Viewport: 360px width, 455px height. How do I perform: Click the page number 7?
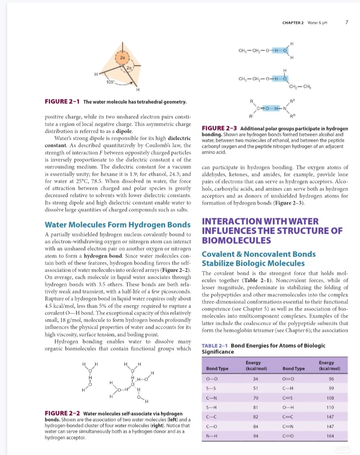pyautogui.click(x=347, y=22)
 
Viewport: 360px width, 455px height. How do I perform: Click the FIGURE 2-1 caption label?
pyautogui.click(x=62, y=102)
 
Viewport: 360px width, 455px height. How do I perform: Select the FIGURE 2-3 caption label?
pyautogui.click(x=219, y=128)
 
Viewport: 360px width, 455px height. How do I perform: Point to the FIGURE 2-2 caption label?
pyautogui.click(x=62, y=413)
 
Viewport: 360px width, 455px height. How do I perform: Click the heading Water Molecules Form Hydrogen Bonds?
pyautogui.click(x=118, y=225)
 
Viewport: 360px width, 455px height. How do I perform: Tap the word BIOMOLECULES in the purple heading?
pyautogui.click(x=236, y=240)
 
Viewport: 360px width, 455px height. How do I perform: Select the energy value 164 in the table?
pyautogui.click(x=330, y=436)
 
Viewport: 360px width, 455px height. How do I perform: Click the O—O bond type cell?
pyautogui.click(x=212, y=379)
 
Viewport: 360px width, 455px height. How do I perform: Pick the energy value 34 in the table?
pyautogui.click(x=256, y=379)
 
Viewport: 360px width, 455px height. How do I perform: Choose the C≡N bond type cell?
pyautogui.click(x=288, y=426)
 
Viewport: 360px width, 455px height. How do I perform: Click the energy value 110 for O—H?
pyautogui.click(x=330, y=407)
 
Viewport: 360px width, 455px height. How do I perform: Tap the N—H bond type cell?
pyautogui.click(x=212, y=436)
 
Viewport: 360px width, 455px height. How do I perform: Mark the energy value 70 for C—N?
pyautogui.click(x=256, y=398)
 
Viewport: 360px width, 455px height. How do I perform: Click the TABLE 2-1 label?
pyautogui.click(x=214, y=346)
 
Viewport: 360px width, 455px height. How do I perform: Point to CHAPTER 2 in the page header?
pyautogui.click(x=293, y=23)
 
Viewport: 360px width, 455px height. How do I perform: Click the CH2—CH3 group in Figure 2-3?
pyautogui.click(x=300, y=87)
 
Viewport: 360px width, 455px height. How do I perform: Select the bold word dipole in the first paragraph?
pyautogui.click(x=124, y=131)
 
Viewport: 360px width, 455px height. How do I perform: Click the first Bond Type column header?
pyautogui.click(x=217, y=368)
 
